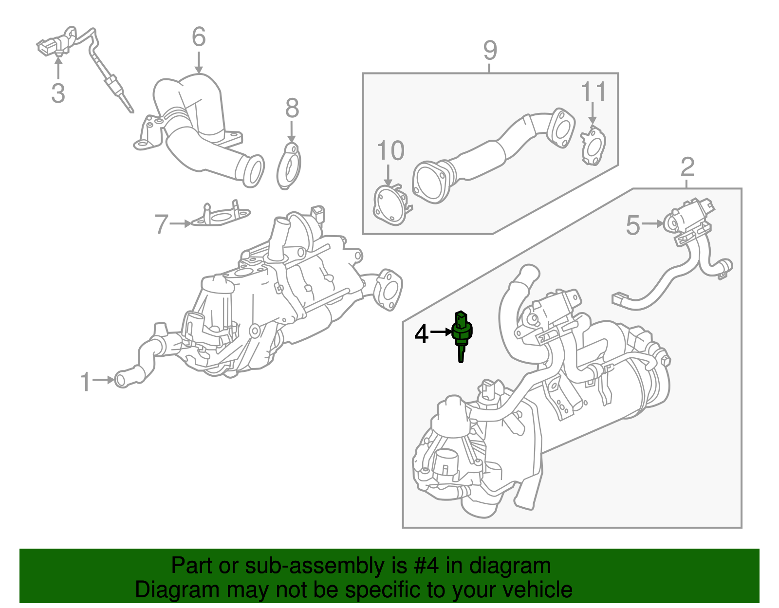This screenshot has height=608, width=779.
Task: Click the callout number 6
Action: pyautogui.click(x=199, y=37)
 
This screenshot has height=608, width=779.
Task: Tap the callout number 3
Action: pyautogui.click(x=58, y=93)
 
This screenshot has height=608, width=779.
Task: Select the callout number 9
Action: pyautogui.click(x=490, y=51)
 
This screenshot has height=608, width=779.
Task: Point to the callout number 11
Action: pyautogui.click(x=594, y=92)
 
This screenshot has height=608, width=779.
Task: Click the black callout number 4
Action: pyautogui.click(x=422, y=334)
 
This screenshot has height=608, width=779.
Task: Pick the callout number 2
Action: pyautogui.click(x=687, y=167)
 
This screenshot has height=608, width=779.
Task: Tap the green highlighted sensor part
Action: pyautogui.click(x=462, y=333)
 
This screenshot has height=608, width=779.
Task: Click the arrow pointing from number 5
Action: pyautogui.click(x=652, y=223)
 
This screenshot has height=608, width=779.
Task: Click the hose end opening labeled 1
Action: pyautogui.click(x=122, y=379)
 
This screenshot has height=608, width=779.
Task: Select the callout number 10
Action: pyautogui.click(x=390, y=151)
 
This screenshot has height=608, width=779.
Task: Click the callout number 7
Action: pyautogui.click(x=162, y=224)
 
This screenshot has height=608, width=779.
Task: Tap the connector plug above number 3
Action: pyautogui.click(x=49, y=46)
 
